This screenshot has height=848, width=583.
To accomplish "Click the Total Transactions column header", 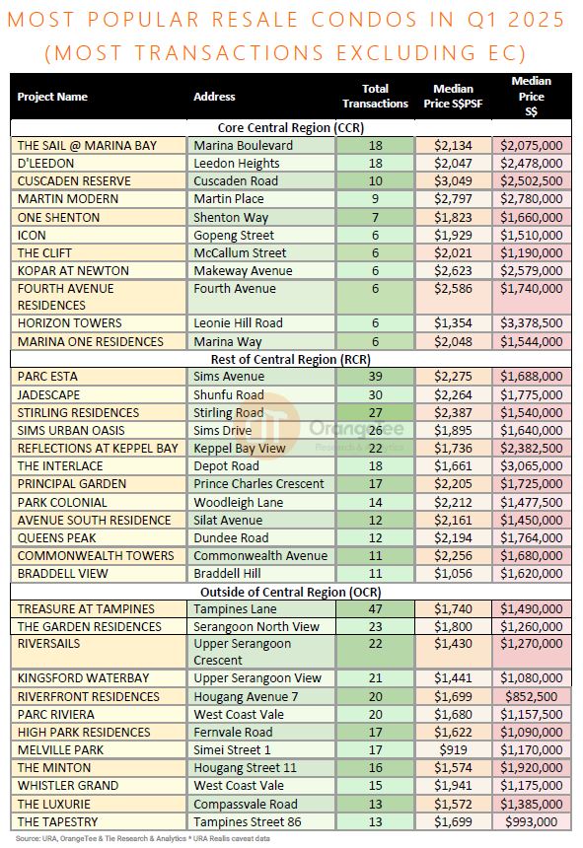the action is (375, 97).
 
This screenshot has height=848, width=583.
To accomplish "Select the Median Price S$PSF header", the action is (453, 97).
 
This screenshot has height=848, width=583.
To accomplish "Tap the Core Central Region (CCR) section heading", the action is (291, 127).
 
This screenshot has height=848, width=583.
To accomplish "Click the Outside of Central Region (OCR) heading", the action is (291, 592).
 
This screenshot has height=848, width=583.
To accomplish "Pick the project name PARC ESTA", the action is (47, 377).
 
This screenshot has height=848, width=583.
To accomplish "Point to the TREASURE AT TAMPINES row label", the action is (86, 609).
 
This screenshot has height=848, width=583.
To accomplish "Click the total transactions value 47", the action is (375, 609).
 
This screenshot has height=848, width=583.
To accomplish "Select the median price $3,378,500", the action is (532, 322).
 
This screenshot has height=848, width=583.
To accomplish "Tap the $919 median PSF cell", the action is (453, 750).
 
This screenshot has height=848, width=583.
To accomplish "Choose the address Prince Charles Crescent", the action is (259, 484).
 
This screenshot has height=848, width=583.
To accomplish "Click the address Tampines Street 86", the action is (248, 822).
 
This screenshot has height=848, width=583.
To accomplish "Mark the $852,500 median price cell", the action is (532, 696).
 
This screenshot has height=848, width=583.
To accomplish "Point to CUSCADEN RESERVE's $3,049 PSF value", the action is (453, 181).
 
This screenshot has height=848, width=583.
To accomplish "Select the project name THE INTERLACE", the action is (60, 466).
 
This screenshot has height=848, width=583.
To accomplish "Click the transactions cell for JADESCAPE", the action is (375, 394).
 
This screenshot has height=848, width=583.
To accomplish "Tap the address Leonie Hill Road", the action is (238, 322).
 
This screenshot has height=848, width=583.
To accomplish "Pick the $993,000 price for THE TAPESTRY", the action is (532, 822).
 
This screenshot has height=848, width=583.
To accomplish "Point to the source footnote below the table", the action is (142, 839).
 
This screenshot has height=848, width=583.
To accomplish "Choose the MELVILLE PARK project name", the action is (60, 750).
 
